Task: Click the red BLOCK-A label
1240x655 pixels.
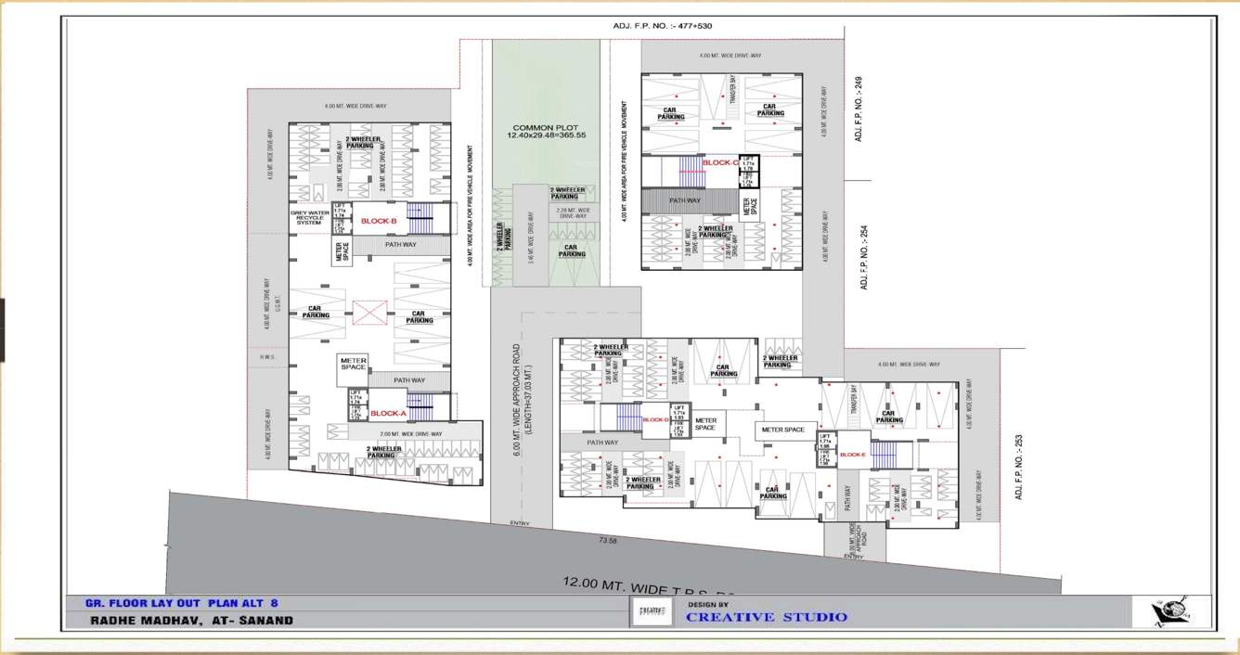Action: [388, 414]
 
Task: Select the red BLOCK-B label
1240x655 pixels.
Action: [379, 221]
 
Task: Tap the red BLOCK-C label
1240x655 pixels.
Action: [719, 162]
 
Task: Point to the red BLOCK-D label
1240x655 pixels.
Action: [655, 419]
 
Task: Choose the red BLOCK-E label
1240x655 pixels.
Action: [852, 455]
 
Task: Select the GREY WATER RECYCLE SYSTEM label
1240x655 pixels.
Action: [308, 217]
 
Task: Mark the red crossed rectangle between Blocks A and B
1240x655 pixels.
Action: [369, 313]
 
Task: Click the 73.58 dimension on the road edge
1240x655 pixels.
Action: [608, 540]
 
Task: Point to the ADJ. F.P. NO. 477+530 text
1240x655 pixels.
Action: [662, 26]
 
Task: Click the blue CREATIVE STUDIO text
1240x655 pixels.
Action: [767, 617]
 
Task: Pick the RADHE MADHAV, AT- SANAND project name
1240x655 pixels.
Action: [191, 620]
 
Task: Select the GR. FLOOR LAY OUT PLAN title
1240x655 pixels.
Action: [181, 602]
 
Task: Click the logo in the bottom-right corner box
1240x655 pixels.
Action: [1170, 612]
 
